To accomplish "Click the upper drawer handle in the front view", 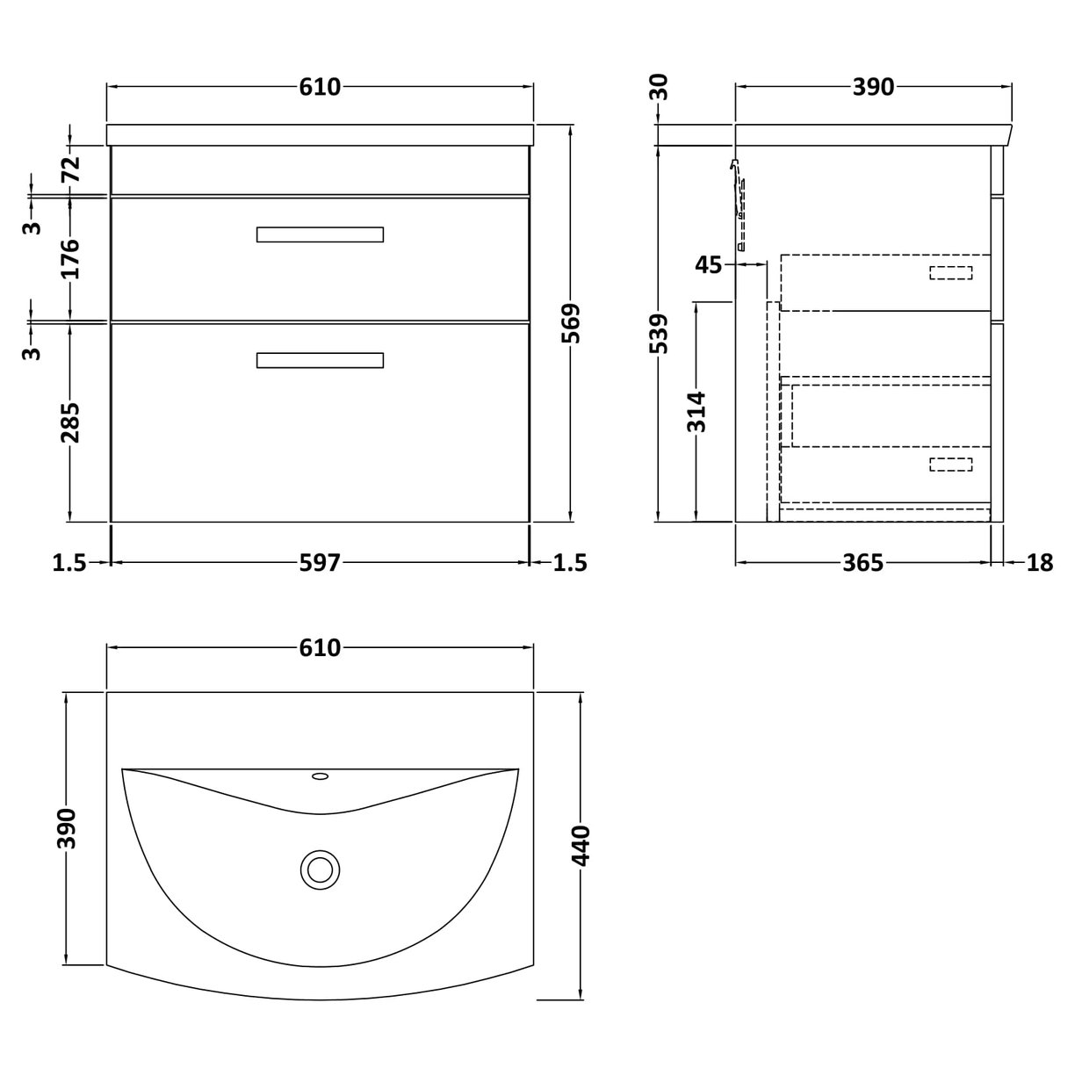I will (320, 234).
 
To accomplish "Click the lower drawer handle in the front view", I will (320, 360).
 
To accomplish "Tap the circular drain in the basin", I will (319, 869).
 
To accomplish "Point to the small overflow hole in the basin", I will (320, 776).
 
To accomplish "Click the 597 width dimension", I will (320, 562).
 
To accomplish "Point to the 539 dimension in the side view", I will (660, 334).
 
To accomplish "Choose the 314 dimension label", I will (696, 412).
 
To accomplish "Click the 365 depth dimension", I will (862, 562).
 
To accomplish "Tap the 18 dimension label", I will (1039, 562).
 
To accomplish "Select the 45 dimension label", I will (708, 263).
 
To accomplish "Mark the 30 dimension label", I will (660, 87).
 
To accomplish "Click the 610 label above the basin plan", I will (320, 648).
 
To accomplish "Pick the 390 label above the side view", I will (873, 87).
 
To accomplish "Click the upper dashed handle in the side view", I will (951, 272).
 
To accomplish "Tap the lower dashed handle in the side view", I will (951, 464).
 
